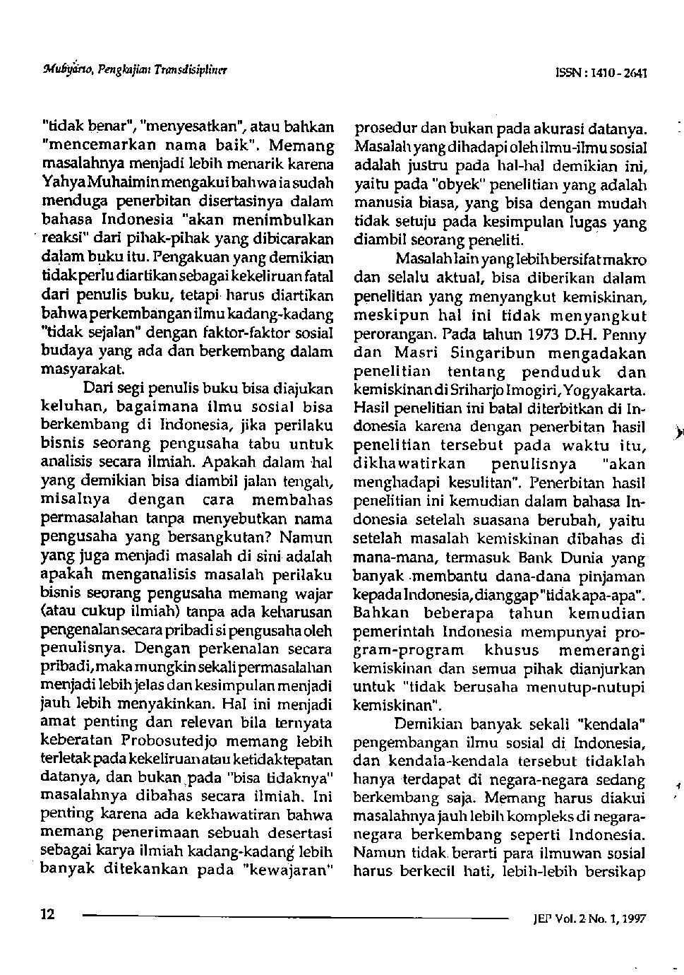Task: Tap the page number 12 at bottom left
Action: (47, 914)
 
